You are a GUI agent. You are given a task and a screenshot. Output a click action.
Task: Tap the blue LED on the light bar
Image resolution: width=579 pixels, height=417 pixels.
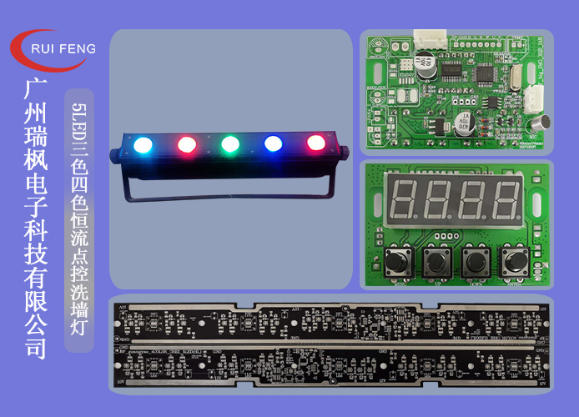273,143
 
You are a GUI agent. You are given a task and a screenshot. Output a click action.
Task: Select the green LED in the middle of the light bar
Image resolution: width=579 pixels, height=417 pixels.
229,143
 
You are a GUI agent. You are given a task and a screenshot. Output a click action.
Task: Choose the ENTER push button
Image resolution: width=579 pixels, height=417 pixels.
514,261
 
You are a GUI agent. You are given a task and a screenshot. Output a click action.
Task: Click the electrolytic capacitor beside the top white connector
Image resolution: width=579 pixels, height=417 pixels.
425,63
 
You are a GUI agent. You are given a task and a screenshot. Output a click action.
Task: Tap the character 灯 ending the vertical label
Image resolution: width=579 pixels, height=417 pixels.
79,321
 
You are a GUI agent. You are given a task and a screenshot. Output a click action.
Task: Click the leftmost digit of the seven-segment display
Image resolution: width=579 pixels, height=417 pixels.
404,198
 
